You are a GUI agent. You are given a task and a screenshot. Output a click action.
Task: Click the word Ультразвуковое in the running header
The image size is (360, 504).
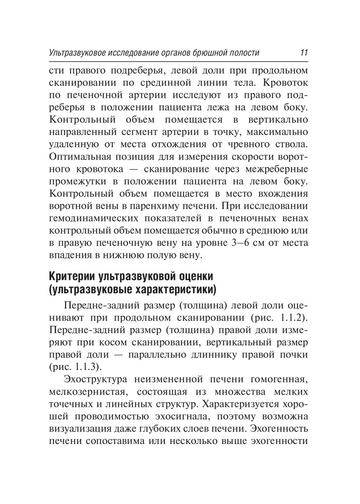click(x=75, y=52)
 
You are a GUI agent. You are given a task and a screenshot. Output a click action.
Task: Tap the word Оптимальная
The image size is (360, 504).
click(x=82, y=160)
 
